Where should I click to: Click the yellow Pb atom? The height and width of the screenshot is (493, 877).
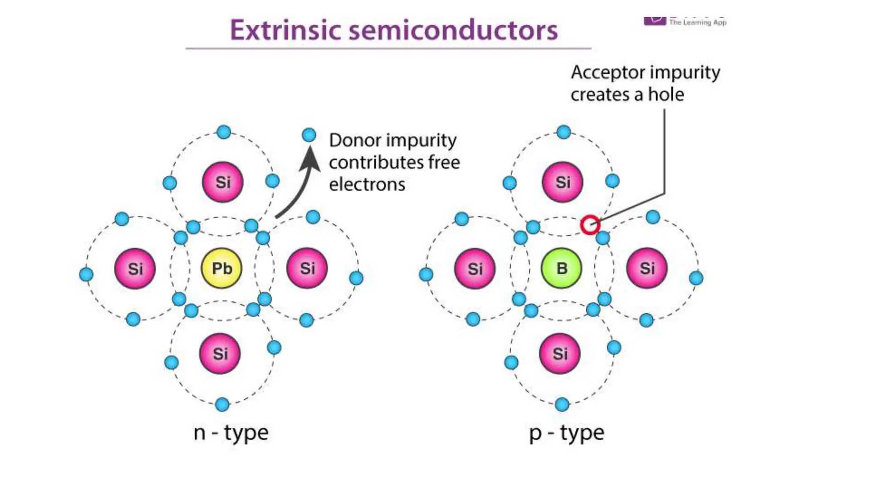coord(221,269)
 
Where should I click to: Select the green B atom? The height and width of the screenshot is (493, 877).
coord(561,269)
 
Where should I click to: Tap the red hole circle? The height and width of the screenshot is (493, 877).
coord(590,225)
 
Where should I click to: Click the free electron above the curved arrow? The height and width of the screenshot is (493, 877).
coord(309,135)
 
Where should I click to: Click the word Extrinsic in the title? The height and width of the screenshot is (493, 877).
coord(285,30)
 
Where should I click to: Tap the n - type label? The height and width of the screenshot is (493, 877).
coord(231,433)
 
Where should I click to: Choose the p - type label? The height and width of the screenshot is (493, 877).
coord(567,433)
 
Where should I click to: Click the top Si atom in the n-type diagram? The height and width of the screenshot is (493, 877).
coord(223,182)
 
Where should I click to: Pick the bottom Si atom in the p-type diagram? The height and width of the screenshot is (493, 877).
coord(560,353)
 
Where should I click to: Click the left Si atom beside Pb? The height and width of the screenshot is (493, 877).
coord(135,269)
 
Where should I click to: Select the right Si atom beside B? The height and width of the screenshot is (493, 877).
coord(647,268)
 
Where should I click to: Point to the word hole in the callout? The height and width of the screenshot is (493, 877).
coord(666,94)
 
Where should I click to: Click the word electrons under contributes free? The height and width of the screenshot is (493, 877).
coord(367,184)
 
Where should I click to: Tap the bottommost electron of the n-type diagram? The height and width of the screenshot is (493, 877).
coord(222,404)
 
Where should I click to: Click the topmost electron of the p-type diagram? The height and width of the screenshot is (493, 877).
coord(564,132)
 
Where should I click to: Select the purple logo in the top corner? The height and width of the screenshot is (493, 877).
coord(655,21)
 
